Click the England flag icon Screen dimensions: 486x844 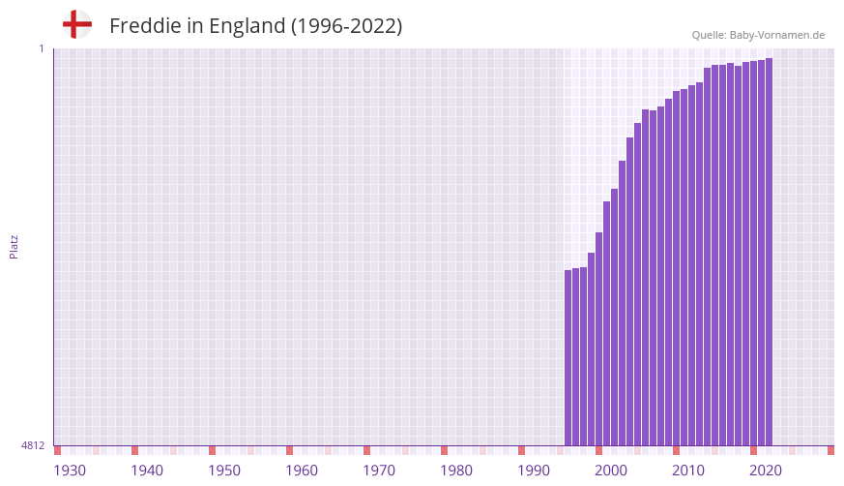[77, 24]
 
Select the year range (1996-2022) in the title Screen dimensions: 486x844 [346, 26]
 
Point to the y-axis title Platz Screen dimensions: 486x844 [14, 246]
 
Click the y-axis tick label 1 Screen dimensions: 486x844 [42, 48]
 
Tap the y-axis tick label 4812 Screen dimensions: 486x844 [33, 445]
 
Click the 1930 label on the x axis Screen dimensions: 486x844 [70, 471]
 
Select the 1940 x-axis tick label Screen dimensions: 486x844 [147, 471]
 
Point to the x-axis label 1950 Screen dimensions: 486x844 [224, 471]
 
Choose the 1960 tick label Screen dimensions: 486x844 [302, 471]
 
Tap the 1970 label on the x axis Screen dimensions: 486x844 [379, 471]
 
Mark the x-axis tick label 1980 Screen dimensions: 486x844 [456, 471]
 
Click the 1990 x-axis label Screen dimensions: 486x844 [534, 471]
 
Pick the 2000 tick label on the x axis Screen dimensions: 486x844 [611, 471]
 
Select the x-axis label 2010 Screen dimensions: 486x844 [688, 471]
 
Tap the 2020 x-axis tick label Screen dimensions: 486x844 [766, 471]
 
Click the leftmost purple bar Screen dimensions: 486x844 [568, 358]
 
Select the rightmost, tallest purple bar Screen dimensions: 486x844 [769, 252]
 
